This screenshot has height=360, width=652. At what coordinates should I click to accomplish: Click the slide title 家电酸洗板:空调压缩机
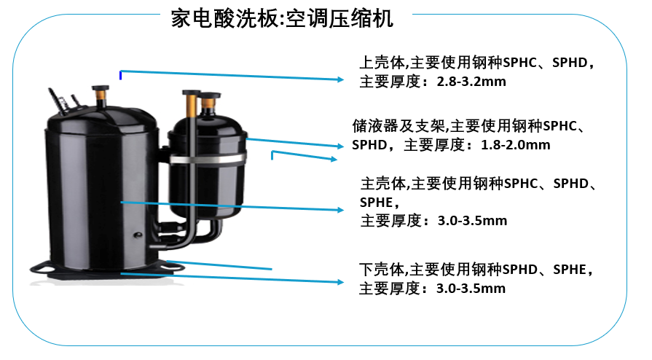click(x=282, y=19)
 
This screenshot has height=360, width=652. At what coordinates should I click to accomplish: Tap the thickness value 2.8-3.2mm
click(x=471, y=82)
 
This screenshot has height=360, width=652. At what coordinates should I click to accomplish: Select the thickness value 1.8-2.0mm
click(x=515, y=145)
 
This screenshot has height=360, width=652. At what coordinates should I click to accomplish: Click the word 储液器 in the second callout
click(x=375, y=125)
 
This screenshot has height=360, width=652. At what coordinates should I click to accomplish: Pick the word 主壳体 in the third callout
click(x=383, y=183)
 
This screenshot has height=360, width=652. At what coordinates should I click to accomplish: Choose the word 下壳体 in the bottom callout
click(x=382, y=270)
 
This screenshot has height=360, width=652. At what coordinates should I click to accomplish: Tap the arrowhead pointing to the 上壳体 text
click(x=341, y=79)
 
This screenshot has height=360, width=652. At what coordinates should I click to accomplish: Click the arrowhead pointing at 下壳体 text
click(x=340, y=282)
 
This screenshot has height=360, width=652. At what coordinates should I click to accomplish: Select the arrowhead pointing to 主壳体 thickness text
click(x=340, y=210)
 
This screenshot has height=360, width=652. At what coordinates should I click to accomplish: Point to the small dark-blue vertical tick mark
click(x=121, y=75)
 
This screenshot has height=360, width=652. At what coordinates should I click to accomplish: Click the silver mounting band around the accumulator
click(x=208, y=159)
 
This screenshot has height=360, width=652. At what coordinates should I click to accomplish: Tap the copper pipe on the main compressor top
click(x=101, y=98)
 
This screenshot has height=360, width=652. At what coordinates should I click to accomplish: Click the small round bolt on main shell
click(x=138, y=235)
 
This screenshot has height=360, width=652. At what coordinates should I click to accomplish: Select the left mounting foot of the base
click(x=42, y=267)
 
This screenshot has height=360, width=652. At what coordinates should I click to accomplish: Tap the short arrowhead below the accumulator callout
click(x=334, y=159)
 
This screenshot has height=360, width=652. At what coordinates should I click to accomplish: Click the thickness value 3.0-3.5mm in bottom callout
click(x=471, y=289)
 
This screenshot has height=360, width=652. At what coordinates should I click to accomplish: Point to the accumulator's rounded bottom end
click(x=207, y=210)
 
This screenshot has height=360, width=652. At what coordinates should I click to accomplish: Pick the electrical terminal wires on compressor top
click(x=63, y=100)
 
